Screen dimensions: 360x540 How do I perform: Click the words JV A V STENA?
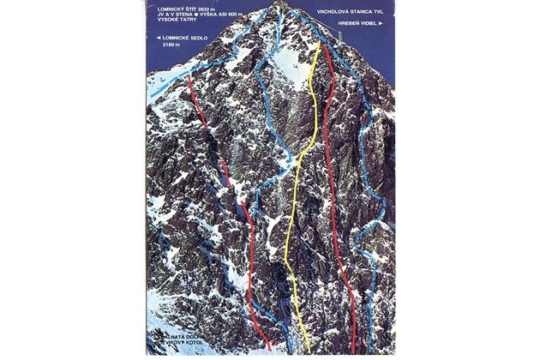(x=167, y=16)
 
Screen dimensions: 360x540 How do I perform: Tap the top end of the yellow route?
(x=319, y=43)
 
